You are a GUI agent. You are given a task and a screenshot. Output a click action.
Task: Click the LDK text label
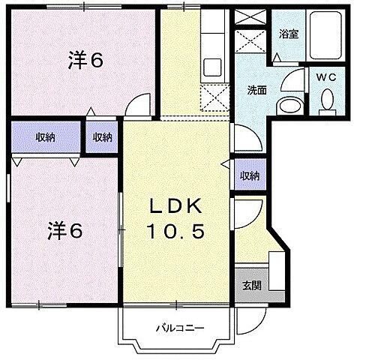click(x=178, y=206)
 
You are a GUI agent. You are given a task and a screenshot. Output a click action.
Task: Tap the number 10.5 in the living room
click(x=178, y=232)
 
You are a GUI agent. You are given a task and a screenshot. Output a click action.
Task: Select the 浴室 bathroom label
click(x=288, y=33)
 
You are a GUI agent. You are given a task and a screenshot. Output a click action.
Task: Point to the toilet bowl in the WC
click(x=327, y=100)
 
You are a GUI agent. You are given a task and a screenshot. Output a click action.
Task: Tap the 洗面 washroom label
click(x=258, y=90)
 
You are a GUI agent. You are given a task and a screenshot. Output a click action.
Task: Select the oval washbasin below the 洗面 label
click(x=288, y=106)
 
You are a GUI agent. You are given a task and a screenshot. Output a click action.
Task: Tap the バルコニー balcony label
click(x=177, y=328)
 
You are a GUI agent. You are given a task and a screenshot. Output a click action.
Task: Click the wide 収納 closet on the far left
click(x=45, y=136)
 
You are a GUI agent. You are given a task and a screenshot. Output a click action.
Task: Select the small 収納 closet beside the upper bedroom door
click(x=103, y=136)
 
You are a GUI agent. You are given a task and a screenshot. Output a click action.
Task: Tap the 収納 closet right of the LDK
click(x=249, y=175)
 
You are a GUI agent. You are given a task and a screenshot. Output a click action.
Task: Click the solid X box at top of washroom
click(x=249, y=17)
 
